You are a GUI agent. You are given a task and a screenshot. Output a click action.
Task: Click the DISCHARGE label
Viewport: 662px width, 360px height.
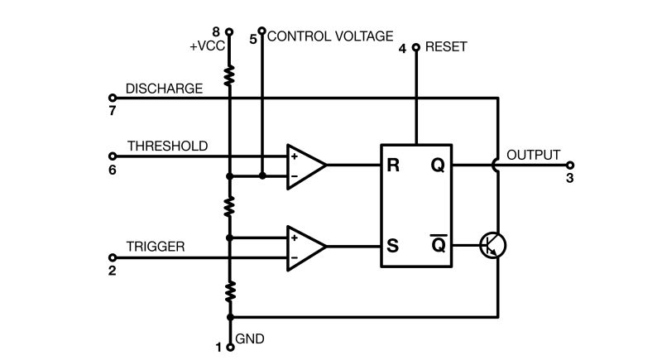pyautogui.click(x=164, y=89)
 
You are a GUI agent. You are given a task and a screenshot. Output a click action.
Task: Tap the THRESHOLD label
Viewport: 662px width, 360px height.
pyautogui.click(x=167, y=146)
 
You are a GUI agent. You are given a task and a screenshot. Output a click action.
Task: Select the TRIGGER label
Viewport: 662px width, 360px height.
pyautogui.click(x=155, y=247)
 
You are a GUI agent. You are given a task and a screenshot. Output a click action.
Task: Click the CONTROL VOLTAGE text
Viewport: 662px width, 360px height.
pyautogui.click(x=330, y=36)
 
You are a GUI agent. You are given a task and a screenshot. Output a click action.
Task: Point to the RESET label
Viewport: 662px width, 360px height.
pyautogui.click(x=445, y=47)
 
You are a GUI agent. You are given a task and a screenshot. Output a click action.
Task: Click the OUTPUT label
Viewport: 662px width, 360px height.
pyautogui.click(x=533, y=155)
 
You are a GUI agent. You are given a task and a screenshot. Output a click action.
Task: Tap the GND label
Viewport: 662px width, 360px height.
pyautogui.click(x=250, y=339)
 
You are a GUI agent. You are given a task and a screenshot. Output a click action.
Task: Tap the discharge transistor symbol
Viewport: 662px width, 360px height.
pyautogui.click(x=493, y=245)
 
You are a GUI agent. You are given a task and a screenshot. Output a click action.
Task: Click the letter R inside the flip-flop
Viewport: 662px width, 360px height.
pyautogui.click(x=393, y=166)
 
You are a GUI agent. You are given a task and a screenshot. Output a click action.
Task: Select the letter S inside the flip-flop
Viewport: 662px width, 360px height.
pyautogui.click(x=393, y=246)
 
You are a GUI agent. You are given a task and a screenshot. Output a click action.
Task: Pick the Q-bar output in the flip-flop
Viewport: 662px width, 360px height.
pyautogui.click(x=438, y=245)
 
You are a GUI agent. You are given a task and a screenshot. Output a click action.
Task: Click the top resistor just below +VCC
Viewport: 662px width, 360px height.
pyautogui.click(x=229, y=76)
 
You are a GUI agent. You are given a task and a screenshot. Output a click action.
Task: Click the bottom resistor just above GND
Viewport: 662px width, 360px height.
pyautogui.click(x=229, y=290)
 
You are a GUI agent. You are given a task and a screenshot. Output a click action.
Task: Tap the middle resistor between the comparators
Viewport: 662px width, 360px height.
pyautogui.click(x=229, y=206)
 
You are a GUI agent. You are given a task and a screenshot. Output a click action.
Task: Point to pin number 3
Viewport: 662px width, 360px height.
pyautogui.click(x=568, y=178)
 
